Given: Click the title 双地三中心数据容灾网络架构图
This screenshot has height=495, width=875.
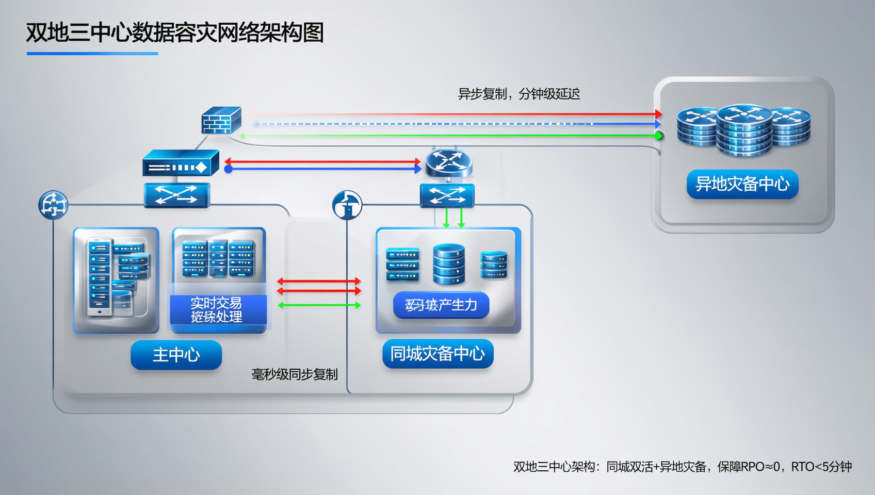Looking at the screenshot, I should pos(174,32).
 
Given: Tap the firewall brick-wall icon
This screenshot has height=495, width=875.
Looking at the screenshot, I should pos(221,120).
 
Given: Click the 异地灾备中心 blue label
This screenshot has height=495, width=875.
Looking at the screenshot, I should pos(742,184).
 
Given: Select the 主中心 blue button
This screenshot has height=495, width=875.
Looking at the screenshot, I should pos(176,355).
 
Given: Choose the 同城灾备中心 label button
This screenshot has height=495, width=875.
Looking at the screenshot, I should pos(437,354).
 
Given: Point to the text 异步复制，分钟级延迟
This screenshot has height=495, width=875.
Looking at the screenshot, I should pos(518,94).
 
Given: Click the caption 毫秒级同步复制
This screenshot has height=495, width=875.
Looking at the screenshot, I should pos(294,374).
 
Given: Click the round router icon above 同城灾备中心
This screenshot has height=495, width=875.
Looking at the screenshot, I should pos(448,162).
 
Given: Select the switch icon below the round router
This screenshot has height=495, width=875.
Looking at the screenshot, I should pos(447,196).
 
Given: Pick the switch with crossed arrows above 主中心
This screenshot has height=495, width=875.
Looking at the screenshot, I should pos(176,195).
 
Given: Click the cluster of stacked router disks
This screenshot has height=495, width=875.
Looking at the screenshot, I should pos(743,130).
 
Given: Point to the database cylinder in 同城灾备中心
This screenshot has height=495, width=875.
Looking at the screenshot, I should pos(448,264).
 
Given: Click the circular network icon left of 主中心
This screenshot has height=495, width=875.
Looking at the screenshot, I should pos(53,205).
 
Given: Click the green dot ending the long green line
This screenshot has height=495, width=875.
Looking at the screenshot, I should pos(658,136).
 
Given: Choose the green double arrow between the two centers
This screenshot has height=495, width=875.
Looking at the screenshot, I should pos(319,305).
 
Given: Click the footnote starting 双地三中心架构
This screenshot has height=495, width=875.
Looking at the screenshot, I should pos(682,467).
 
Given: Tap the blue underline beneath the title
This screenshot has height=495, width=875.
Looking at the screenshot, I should pos(92,54).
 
